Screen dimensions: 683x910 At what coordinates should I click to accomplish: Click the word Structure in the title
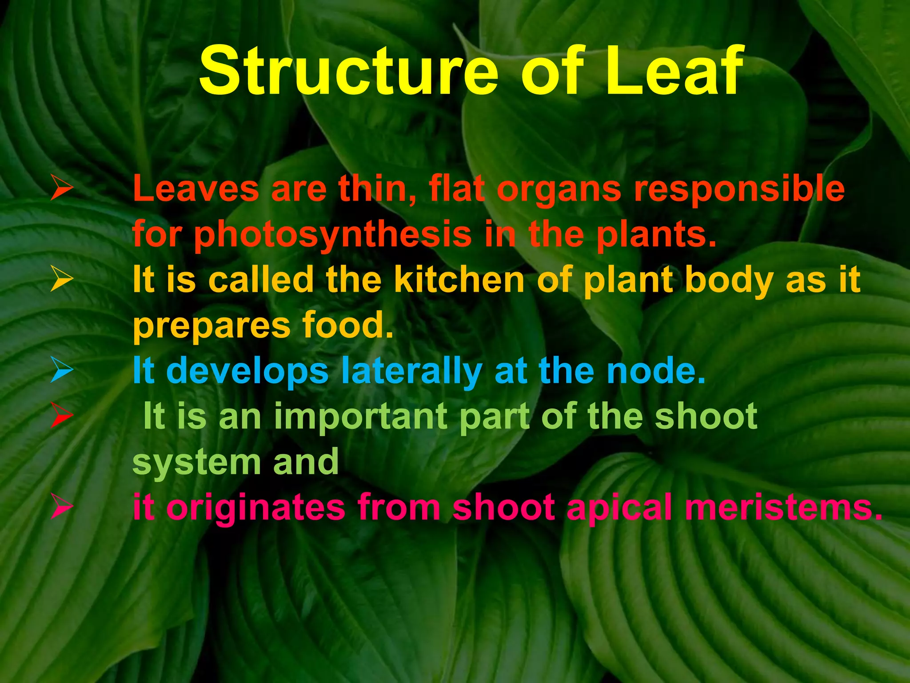tap(348, 71)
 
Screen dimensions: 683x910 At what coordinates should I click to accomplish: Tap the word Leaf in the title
tap(674, 71)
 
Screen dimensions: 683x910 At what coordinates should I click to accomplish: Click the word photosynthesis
tap(333, 236)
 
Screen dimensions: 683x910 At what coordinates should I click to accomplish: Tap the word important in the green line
tap(360, 417)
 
